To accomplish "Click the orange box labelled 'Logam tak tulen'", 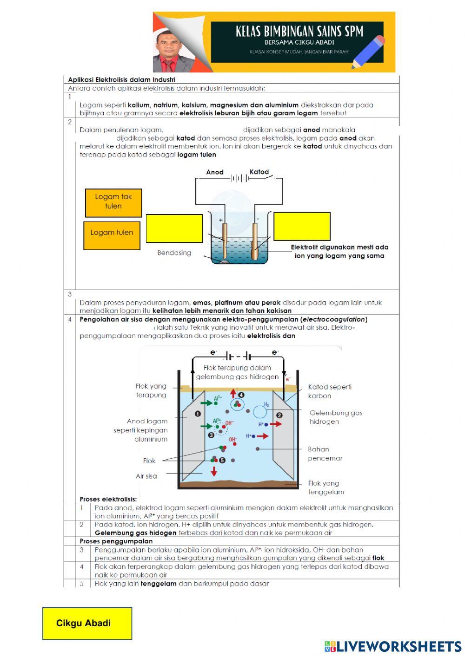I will click(113, 203).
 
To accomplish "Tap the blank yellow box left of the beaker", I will click(174, 228).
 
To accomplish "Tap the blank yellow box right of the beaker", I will click(302, 226).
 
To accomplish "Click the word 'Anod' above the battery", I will click(215, 172).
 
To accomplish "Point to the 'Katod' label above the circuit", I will click(259, 172).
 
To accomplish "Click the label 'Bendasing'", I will click(174, 253).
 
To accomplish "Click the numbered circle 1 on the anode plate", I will click(198, 413).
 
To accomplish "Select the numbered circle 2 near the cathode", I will click(279, 415).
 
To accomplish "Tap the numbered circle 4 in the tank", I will click(241, 395).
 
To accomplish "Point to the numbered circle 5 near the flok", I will click(222, 460).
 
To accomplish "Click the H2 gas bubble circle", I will click(260, 411).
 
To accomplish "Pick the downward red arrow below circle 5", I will click(214, 471).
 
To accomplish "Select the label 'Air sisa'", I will click(146, 476).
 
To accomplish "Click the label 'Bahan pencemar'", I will click(325, 454).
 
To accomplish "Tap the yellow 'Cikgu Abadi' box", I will click(87, 623).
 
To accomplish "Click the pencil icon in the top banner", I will click(368, 52).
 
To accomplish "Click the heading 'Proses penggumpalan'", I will click(116, 541).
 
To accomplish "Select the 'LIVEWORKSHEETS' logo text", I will click(398, 646).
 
